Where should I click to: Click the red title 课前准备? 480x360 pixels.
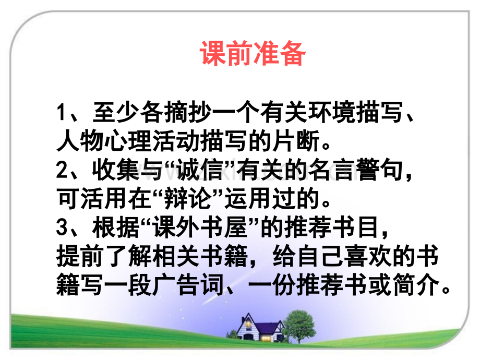point(253,53)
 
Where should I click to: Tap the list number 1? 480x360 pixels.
point(62,113)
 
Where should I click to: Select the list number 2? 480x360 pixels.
point(62,170)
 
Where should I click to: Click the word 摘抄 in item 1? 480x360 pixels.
point(187,113)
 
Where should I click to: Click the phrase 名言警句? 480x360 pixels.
point(355,170)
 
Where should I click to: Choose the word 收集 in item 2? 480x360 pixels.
point(115,170)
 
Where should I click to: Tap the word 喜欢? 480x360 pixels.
point(367,256)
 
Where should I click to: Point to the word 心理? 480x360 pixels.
point(127,141)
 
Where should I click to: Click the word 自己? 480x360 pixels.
point(320,256)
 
